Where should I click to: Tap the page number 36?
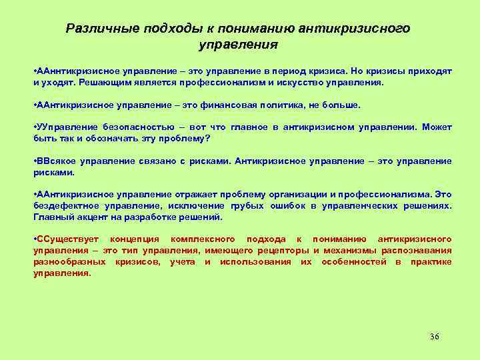(435, 336)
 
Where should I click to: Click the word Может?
(437, 127)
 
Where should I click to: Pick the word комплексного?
(201, 239)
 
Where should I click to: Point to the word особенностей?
(353, 261)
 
